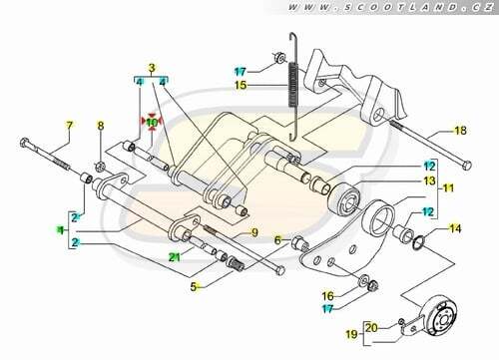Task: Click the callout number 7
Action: click(x=69, y=126)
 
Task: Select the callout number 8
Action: click(x=101, y=126)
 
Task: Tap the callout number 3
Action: click(x=152, y=68)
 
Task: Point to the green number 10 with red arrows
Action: click(x=152, y=123)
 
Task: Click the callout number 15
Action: click(x=241, y=85)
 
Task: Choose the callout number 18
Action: click(x=460, y=131)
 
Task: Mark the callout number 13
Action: click(x=429, y=180)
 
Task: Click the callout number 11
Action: click(x=448, y=188)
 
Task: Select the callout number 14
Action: click(x=455, y=228)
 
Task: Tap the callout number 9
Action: click(x=254, y=232)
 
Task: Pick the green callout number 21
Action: click(x=175, y=256)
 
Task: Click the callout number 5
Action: click(x=194, y=286)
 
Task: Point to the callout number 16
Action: click(x=328, y=295)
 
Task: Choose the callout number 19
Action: click(x=352, y=334)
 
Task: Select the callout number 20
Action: click(x=371, y=328)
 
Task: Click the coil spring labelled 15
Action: click(x=292, y=85)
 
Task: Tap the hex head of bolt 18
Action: click(x=467, y=166)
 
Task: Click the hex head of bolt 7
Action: click(x=25, y=143)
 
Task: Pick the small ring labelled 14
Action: click(x=418, y=243)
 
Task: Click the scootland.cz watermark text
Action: click(x=390, y=7)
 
